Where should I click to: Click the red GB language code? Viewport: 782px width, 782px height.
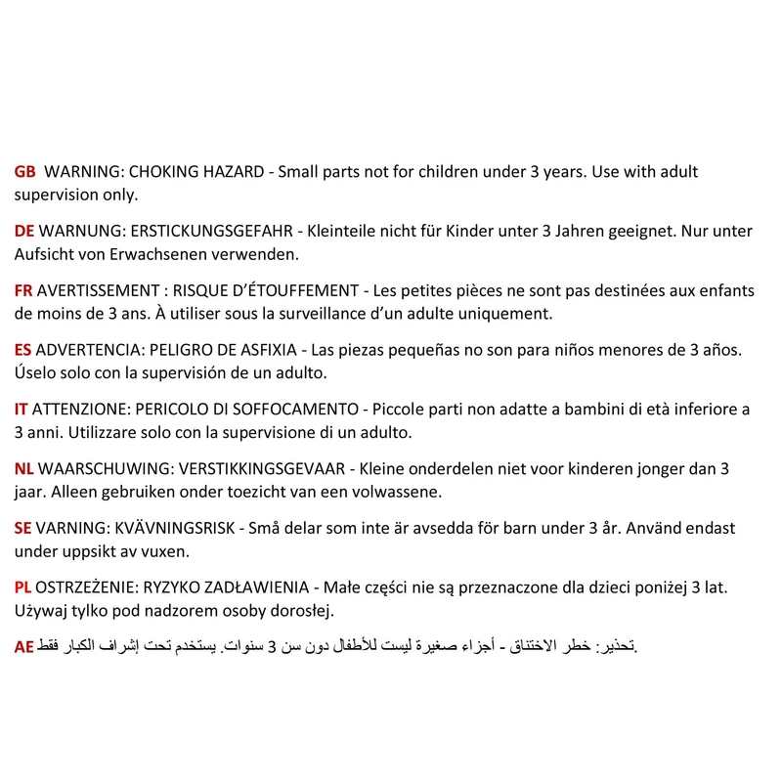[x=25, y=172]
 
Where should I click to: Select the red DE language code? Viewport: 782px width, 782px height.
[x=25, y=232]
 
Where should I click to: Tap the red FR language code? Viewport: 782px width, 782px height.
[x=24, y=291]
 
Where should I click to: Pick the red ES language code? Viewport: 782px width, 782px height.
[x=23, y=350]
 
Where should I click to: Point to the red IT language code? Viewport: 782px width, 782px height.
[x=22, y=410]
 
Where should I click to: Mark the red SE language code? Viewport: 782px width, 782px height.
[x=23, y=528]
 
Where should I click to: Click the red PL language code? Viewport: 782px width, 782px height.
[x=23, y=587]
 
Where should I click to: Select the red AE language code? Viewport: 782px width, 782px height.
[x=24, y=647]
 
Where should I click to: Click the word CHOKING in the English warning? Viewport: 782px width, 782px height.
[x=162, y=172]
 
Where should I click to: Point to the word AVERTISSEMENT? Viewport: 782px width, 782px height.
[x=97, y=291]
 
